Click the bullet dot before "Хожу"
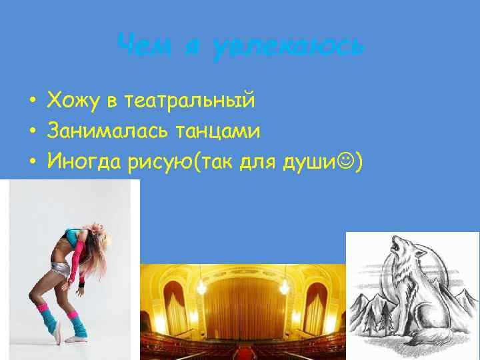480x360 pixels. pyautogui.click(x=31, y=102)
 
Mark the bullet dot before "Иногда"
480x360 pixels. pyautogui.click(x=31, y=162)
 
